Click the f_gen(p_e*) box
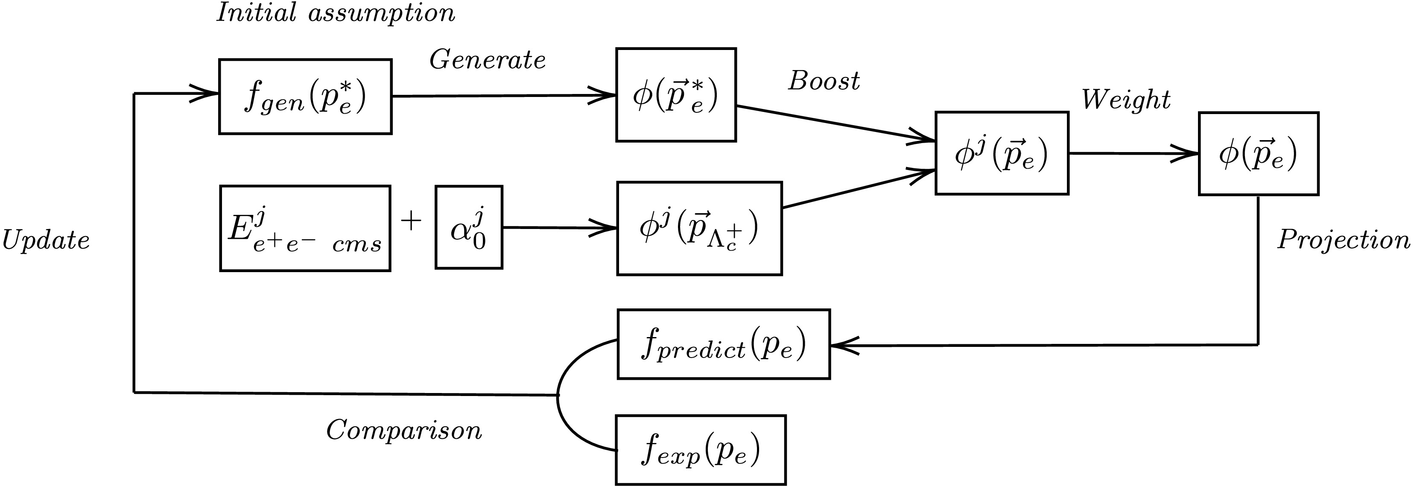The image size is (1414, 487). pyautogui.click(x=305, y=97)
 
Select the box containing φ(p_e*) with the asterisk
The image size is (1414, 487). pyautogui.click(x=676, y=95)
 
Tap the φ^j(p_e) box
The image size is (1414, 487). pyautogui.click(x=1001, y=153)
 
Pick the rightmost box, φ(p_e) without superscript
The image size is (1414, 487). pyautogui.click(x=1258, y=154)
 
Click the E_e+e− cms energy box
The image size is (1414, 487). pyautogui.click(x=305, y=229)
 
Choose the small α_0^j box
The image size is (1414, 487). pyautogui.click(x=469, y=227)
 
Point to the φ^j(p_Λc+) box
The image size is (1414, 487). pyautogui.click(x=699, y=229)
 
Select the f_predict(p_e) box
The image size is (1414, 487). pyautogui.click(x=724, y=344)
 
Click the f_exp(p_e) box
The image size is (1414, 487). pyautogui.click(x=701, y=450)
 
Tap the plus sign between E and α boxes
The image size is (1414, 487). pyautogui.click(x=411, y=221)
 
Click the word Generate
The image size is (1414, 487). pyautogui.click(x=488, y=59)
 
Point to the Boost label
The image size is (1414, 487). pyautogui.click(x=824, y=81)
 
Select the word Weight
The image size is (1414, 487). pyautogui.click(x=1126, y=100)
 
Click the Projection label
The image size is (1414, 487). pyautogui.click(x=1343, y=240)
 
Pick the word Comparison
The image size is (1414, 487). pyautogui.click(x=404, y=430)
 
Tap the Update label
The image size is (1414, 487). pyautogui.click(x=46, y=241)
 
